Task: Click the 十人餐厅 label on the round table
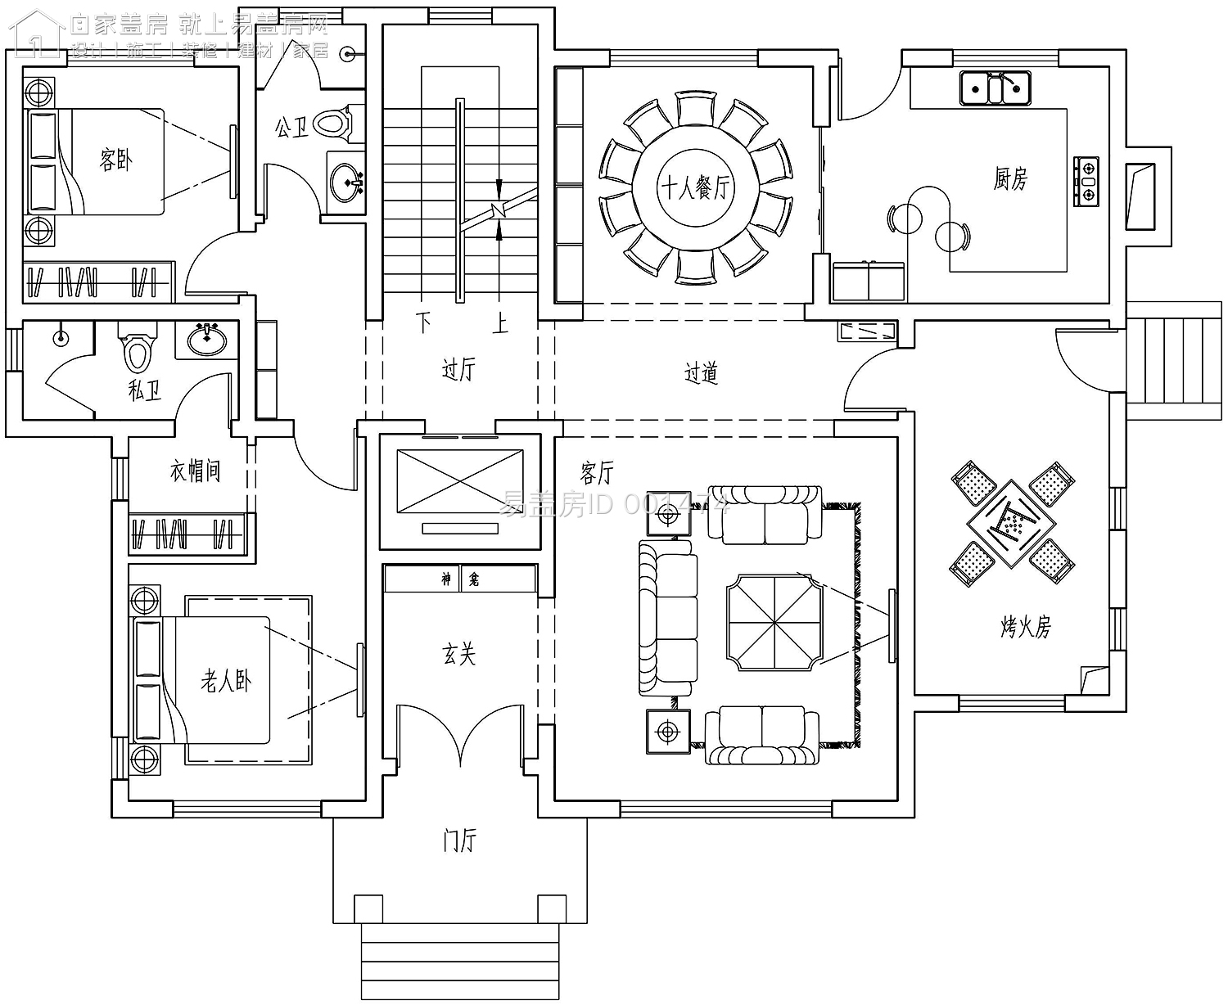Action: [695, 189]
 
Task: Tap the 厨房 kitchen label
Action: [1010, 178]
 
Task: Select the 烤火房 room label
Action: [1025, 627]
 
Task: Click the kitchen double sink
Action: [995, 87]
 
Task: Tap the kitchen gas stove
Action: [1087, 180]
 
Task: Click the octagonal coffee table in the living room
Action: [774, 621]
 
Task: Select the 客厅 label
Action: [597, 472]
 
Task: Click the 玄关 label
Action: [458, 654]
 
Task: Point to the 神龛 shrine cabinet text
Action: [460, 579]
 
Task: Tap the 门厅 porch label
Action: [459, 841]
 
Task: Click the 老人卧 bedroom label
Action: [226, 681]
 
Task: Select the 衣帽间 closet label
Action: [195, 471]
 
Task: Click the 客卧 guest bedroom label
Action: [115, 159]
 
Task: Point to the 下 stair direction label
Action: [423, 322]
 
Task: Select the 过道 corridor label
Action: [701, 374]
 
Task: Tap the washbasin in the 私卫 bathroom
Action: [207, 338]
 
